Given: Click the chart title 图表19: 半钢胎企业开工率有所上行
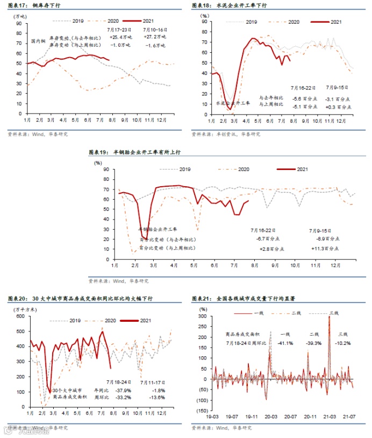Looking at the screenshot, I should coord(134,152).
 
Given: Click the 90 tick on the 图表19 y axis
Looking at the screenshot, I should coord(106,169).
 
